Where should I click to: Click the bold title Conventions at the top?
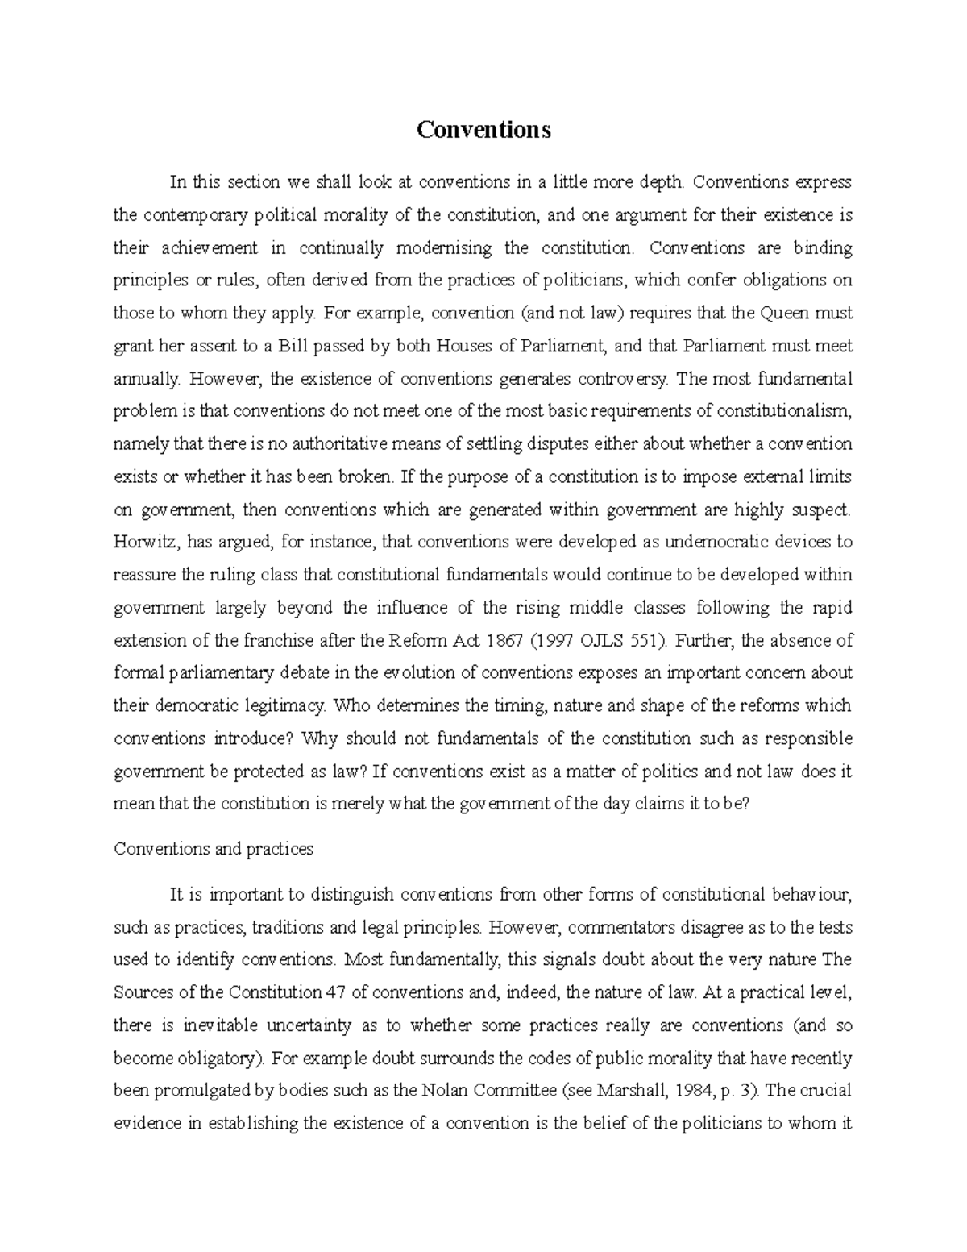[483, 130]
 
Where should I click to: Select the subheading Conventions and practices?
[214, 849]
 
